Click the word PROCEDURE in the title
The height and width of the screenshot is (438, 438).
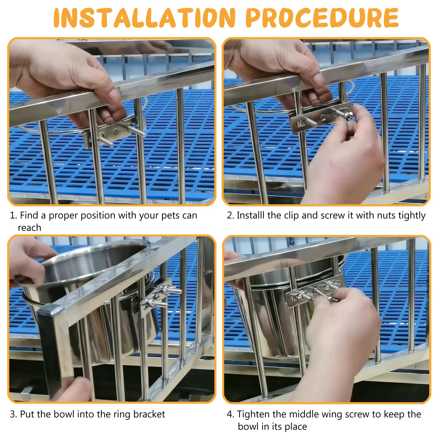322,18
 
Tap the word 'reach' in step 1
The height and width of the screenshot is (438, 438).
29,228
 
